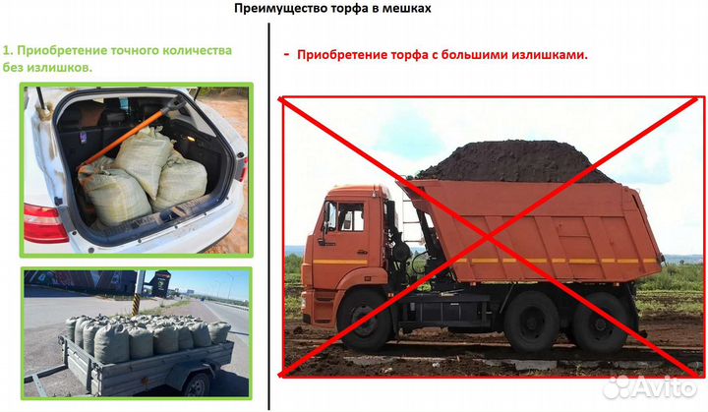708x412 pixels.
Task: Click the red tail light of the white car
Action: pyautogui.click(x=42, y=223)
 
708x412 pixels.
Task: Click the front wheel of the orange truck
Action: pyautogui.click(x=366, y=321)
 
